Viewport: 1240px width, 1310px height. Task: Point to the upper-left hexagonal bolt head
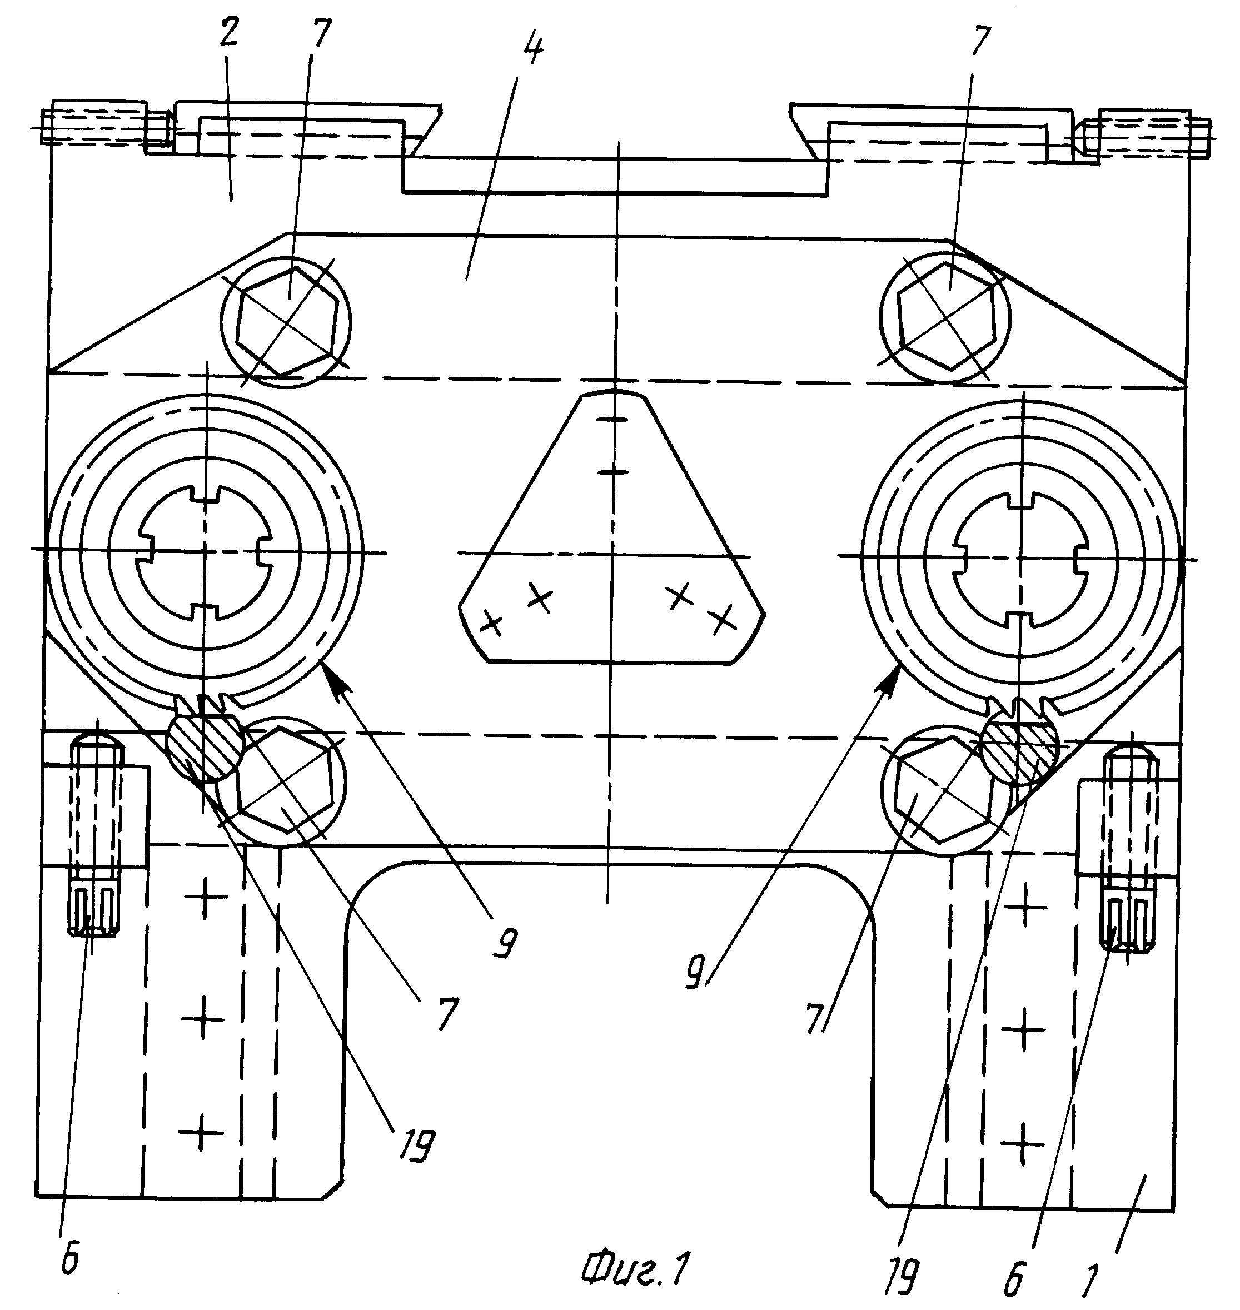click(287, 321)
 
